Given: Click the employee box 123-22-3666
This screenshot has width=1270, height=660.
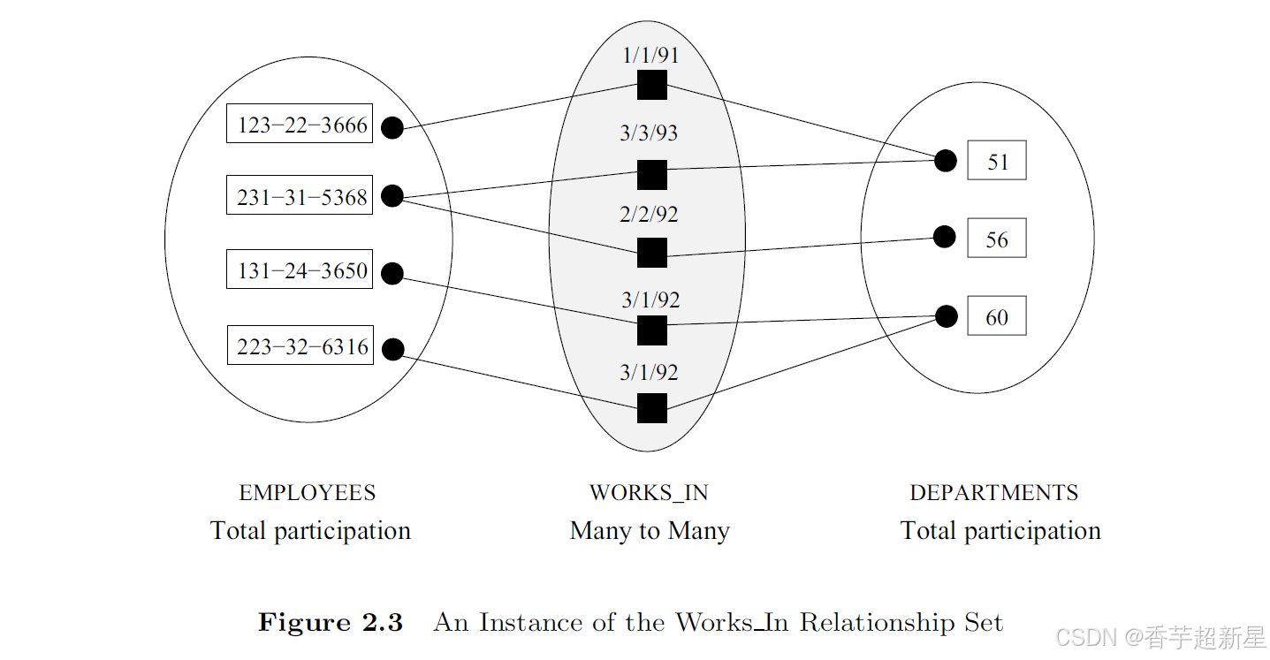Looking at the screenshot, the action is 300,125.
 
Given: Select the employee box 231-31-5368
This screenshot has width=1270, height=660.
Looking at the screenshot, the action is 300,196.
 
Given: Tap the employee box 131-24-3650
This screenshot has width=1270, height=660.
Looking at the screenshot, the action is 300,269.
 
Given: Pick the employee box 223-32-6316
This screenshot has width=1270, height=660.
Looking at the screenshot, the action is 300,346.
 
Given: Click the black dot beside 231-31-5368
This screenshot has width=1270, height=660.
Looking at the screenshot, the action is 392,196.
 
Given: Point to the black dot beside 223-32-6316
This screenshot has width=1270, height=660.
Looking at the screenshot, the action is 392,349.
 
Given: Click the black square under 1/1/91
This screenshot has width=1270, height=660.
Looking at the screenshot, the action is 652,85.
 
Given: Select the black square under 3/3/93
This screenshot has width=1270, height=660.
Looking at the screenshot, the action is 652,175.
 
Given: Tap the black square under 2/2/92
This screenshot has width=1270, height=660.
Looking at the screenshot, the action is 652,253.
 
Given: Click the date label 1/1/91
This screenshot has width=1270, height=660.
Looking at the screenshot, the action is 650,55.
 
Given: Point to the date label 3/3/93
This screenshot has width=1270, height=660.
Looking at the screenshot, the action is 649,133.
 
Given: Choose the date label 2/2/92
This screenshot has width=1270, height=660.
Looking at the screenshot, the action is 650,214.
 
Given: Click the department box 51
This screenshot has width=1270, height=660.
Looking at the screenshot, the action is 997,162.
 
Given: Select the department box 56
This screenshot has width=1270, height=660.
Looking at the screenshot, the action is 997,239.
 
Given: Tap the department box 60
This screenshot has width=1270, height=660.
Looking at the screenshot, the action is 997,317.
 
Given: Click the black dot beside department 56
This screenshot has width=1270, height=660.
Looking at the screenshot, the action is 945,237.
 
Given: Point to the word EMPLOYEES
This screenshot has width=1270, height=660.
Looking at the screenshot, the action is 308,493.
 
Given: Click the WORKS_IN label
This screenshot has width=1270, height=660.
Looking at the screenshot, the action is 649,493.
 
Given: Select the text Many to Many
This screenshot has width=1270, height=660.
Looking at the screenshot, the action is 650,531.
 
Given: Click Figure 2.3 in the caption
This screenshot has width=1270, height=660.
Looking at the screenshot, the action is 330,623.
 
